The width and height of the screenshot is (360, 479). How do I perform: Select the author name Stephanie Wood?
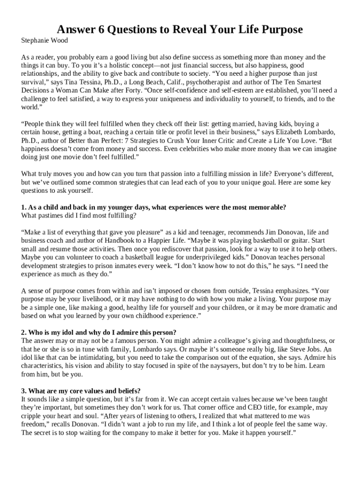coord(45,41)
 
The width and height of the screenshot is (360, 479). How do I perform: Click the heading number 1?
coord(24,207)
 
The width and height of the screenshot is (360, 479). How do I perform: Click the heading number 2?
coord(24,333)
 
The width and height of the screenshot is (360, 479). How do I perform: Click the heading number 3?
coord(24,391)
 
